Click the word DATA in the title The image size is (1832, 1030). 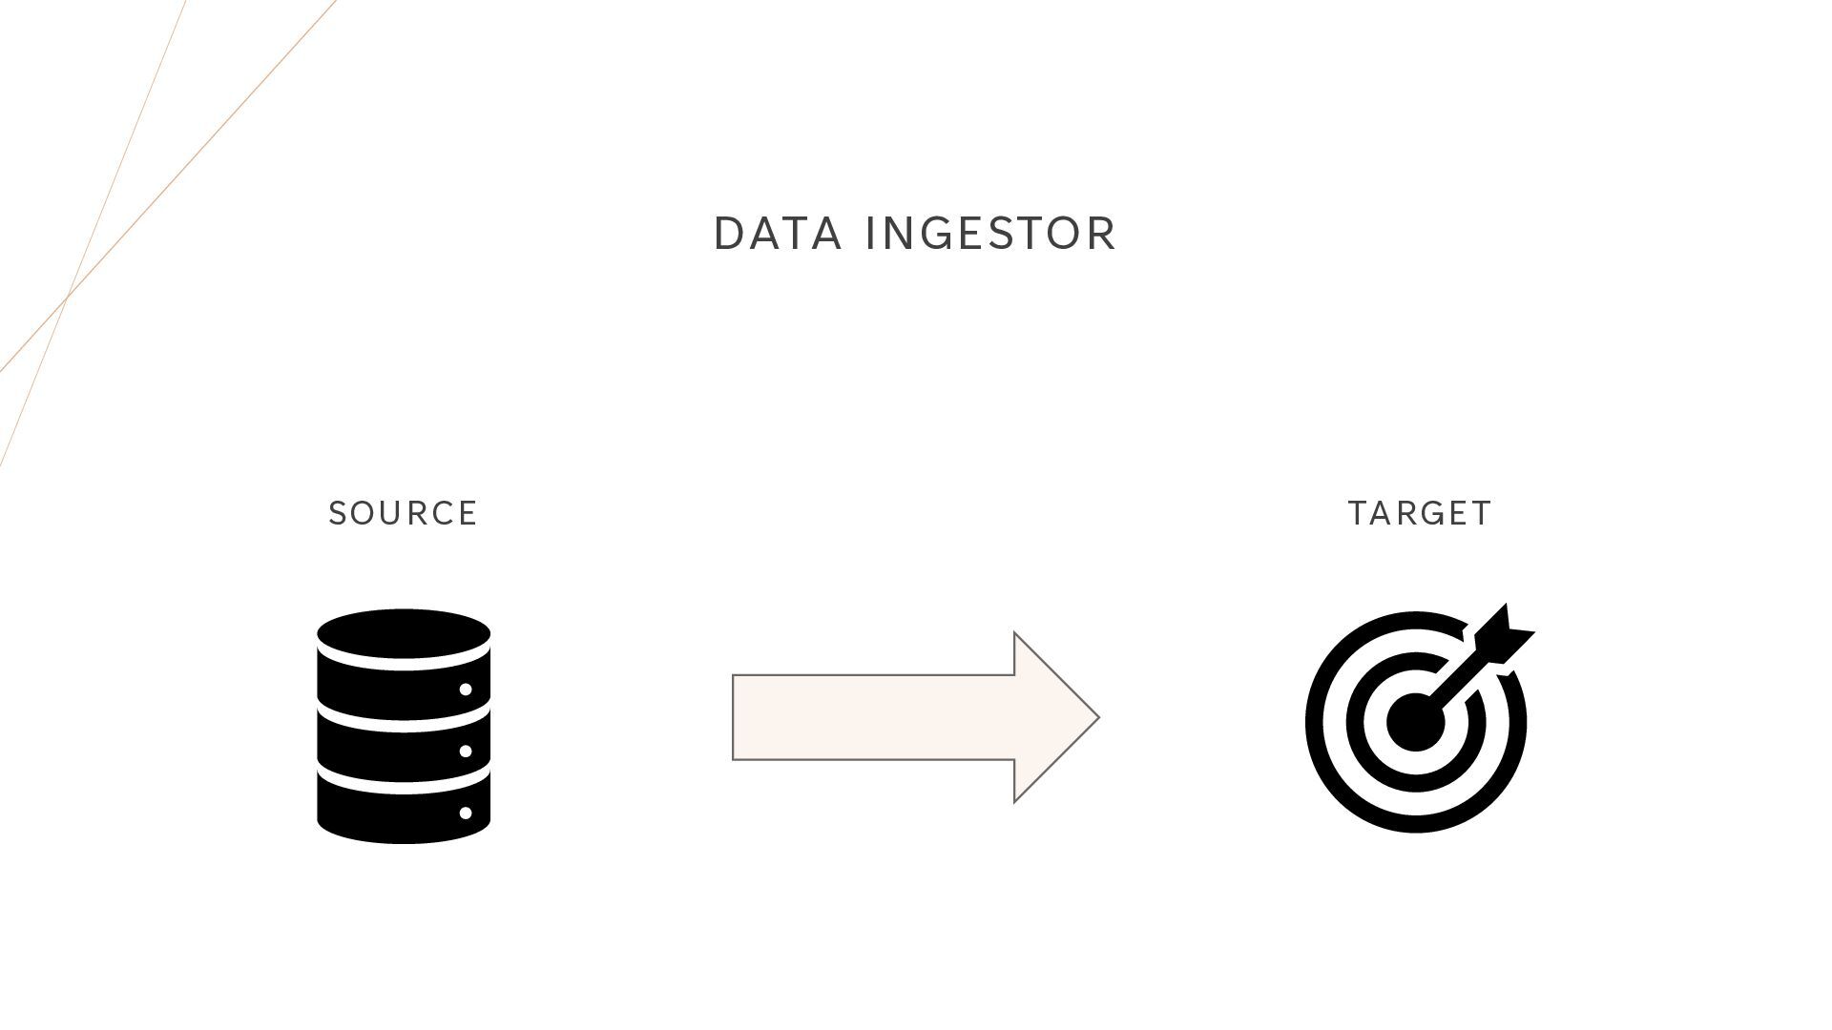point(778,235)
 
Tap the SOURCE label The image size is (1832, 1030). point(403,514)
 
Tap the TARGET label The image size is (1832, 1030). point(1420,514)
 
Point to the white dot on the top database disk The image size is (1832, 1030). point(466,689)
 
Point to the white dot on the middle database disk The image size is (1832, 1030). point(466,752)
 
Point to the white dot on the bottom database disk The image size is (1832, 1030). point(466,814)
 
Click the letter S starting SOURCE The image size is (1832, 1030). point(337,514)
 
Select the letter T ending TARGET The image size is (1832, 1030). point(1482,514)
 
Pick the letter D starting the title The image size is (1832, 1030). point(728,235)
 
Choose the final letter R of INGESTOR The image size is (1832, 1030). point(1103,235)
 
